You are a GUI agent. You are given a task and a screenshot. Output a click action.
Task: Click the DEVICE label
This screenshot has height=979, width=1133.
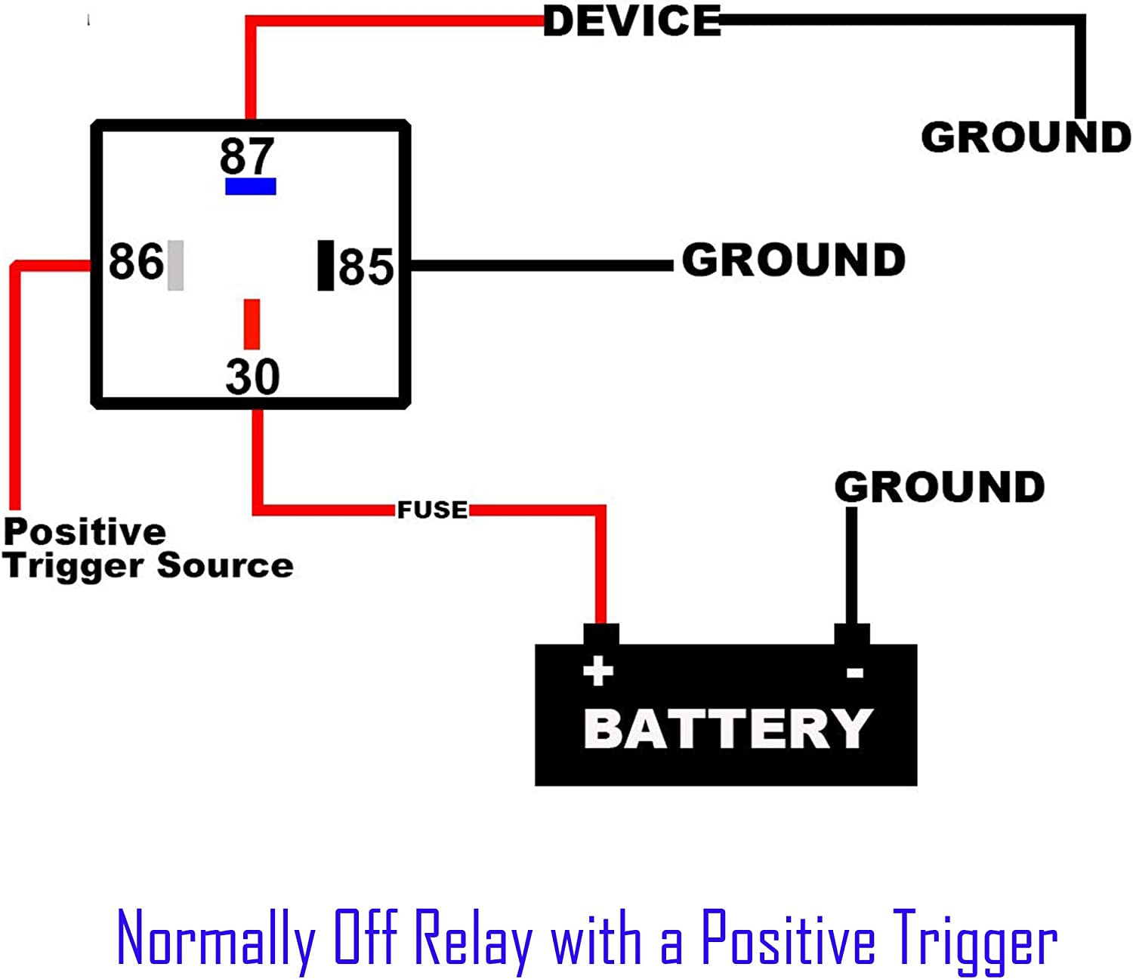click(632, 21)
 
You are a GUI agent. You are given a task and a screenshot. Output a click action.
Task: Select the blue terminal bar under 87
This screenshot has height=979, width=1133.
click(251, 186)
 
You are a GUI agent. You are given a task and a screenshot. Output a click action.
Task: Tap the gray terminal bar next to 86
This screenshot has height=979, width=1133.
click(175, 265)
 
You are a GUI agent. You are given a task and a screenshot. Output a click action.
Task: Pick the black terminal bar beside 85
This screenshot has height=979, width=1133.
click(326, 265)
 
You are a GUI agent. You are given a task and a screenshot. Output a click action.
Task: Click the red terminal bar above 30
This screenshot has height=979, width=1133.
click(252, 324)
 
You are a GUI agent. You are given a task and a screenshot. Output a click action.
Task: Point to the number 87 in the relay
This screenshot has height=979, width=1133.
click(246, 155)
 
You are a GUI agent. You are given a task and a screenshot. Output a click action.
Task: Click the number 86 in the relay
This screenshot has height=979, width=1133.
click(136, 261)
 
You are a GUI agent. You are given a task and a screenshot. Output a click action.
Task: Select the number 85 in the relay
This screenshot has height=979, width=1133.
click(366, 266)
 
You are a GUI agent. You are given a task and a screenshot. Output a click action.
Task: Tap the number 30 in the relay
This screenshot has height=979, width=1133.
click(252, 376)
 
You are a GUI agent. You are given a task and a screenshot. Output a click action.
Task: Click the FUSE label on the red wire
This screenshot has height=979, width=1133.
click(433, 510)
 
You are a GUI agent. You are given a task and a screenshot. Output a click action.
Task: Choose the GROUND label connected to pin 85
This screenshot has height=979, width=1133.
click(793, 260)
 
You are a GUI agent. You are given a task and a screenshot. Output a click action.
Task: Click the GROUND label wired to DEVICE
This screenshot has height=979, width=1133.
click(1026, 137)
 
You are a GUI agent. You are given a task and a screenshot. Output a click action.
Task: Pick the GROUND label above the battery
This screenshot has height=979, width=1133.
click(940, 487)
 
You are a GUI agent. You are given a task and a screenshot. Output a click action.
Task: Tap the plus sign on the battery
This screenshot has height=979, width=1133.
click(598, 670)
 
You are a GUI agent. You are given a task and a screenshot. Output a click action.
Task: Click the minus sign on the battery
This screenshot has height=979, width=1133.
click(855, 672)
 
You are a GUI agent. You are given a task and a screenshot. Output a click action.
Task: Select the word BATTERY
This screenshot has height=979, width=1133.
click(728, 728)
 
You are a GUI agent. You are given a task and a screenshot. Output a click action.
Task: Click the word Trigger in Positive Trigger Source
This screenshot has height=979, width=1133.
click(76, 566)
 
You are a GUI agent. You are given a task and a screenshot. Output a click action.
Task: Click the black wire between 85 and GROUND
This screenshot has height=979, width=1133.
click(540, 266)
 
